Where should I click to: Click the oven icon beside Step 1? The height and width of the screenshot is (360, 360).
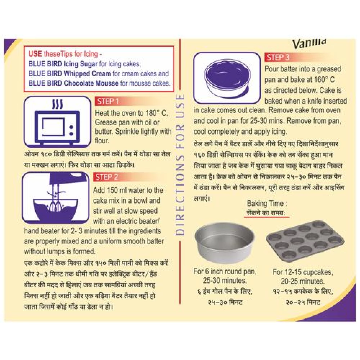pyautogui.click(x=57, y=122)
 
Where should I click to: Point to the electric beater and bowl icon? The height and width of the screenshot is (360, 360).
pyautogui.click(x=55, y=197)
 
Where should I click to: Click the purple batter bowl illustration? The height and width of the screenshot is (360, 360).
pyautogui.click(x=227, y=78)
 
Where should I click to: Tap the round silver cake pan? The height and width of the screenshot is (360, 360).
pyautogui.click(x=225, y=242)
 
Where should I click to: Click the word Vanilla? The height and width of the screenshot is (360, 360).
pyautogui.click(x=309, y=43)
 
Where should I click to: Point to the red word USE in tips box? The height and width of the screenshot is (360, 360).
pyautogui.click(x=35, y=54)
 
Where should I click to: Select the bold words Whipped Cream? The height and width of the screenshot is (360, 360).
pyautogui.click(x=87, y=73)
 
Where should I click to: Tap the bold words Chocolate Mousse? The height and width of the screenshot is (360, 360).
pyautogui.click(x=91, y=83)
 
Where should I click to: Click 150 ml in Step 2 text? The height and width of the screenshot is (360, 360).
pyautogui.click(x=117, y=190)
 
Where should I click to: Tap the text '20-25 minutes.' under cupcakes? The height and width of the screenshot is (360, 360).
pyautogui.click(x=303, y=281)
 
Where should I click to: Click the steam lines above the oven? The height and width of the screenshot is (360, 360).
pyautogui.click(x=57, y=104)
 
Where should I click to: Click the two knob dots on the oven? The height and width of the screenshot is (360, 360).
pyautogui.click(x=71, y=130)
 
